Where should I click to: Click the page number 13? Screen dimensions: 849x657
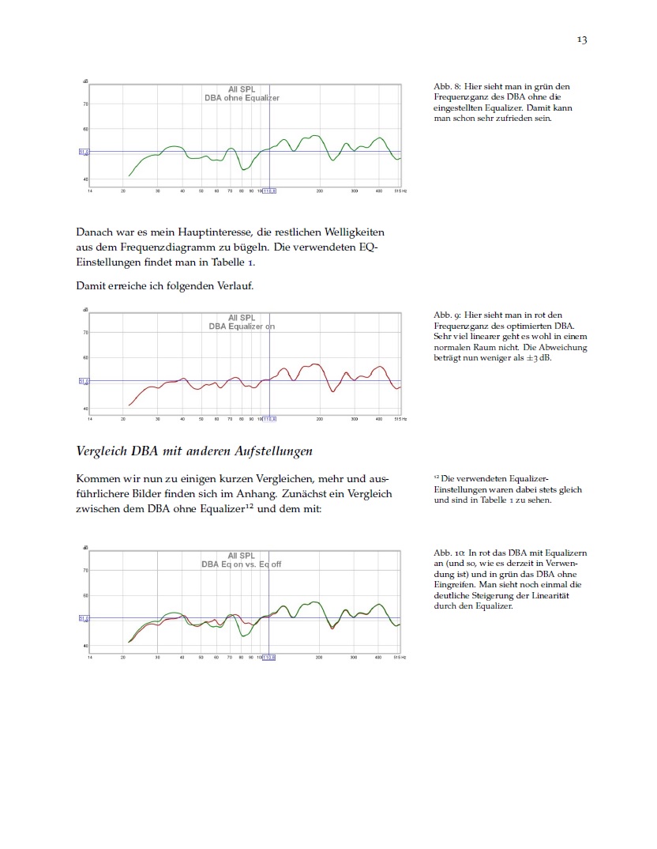(582, 40)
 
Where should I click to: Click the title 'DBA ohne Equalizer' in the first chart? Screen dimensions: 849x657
(242, 98)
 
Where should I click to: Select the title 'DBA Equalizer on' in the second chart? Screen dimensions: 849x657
(242, 326)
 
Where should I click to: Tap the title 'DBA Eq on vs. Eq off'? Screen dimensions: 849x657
(242, 564)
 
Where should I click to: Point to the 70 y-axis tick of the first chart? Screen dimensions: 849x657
(86, 104)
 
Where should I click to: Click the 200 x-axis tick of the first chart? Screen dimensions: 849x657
(319, 191)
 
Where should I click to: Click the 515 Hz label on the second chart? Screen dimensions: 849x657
(400, 419)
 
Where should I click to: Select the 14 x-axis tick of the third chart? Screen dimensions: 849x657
(89, 657)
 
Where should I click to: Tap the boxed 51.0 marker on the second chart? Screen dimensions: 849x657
(83, 381)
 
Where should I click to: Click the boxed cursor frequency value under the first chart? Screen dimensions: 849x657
(269, 191)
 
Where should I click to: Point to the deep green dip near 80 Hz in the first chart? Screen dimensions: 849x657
(245, 169)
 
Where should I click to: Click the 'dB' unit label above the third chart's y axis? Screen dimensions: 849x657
(86, 547)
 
